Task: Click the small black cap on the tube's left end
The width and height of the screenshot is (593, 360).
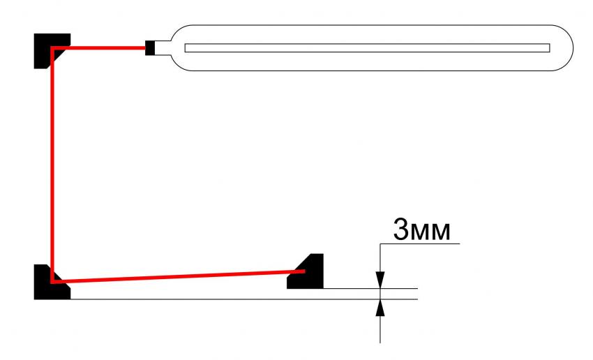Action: tap(150, 48)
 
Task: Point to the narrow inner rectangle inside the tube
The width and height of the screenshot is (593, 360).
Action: tap(367, 48)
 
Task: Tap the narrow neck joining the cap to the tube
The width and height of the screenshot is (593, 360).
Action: tap(162, 48)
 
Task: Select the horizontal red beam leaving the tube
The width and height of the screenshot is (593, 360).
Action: tap(99, 48)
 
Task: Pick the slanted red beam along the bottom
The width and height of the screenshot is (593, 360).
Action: tap(179, 276)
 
